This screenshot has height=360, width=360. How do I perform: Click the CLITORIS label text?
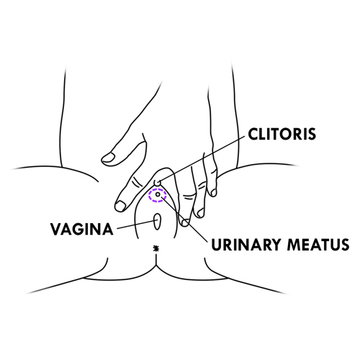282,134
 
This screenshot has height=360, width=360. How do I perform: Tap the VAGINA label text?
81,229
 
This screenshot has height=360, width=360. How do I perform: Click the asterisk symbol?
156,248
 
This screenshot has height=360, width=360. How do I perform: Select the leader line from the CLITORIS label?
202,159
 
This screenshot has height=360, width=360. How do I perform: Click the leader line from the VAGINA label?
135,225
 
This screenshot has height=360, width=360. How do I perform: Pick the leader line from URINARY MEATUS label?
184,219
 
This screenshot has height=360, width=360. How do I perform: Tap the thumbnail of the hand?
109,158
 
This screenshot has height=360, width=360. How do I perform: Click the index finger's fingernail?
120,206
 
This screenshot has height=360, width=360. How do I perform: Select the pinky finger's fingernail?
213,192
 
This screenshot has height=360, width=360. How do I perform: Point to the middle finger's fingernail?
185,222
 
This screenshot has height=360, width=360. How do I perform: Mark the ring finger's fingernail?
201,212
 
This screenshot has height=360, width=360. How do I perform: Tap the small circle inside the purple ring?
158,194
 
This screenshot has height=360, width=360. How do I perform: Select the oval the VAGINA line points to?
157,221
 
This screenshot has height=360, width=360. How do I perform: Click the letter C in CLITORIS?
253,134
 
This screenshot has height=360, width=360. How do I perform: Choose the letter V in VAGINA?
56,229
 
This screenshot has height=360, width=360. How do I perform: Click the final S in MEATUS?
345,245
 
